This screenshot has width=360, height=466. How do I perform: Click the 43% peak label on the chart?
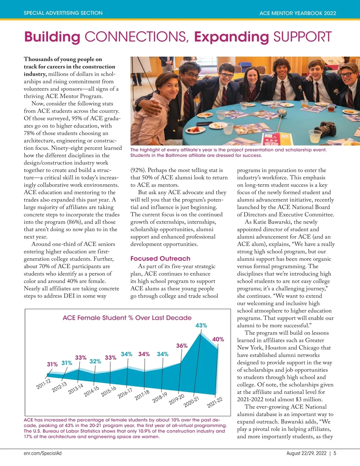201,325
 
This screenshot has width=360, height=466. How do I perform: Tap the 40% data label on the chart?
218,339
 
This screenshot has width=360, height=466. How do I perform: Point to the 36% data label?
182,346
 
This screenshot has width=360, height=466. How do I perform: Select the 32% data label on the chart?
95,361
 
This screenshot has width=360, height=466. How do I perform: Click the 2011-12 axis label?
43,384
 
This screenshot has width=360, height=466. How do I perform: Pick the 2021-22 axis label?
215,402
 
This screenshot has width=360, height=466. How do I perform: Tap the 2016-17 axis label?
125,393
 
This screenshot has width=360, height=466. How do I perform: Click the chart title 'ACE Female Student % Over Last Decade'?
127,318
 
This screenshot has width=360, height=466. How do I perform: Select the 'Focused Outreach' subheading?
160,258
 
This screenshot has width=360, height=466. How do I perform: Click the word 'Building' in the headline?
52,37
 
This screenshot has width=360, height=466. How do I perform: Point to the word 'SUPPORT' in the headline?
302,37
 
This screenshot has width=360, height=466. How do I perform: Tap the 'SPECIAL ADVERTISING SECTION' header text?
63,13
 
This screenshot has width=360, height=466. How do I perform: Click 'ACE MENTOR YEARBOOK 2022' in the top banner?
298,13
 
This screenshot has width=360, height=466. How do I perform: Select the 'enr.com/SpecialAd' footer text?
43,453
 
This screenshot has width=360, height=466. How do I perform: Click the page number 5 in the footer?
335,453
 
